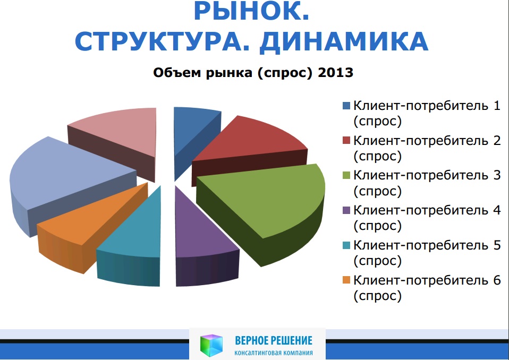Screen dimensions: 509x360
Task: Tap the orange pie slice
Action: [88, 224]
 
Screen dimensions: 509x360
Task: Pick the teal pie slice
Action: [133, 237]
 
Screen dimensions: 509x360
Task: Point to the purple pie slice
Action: [201, 240]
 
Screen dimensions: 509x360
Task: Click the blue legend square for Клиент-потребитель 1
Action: [346, 106]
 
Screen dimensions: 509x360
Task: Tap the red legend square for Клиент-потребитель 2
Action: [346, 140]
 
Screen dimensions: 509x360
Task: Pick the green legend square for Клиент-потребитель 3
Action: [346, 175]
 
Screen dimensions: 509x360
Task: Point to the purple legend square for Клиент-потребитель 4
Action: [346, 210]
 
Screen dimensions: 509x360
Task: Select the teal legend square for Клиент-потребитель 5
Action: [346, 245]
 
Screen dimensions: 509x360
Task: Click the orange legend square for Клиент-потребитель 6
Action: [346, 280]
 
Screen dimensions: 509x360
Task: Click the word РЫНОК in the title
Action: [248, 11]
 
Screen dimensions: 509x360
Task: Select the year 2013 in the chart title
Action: [336, 72]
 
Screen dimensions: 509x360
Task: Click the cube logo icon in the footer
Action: [211, 345]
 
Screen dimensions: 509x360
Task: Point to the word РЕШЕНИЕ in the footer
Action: [292, 340]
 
